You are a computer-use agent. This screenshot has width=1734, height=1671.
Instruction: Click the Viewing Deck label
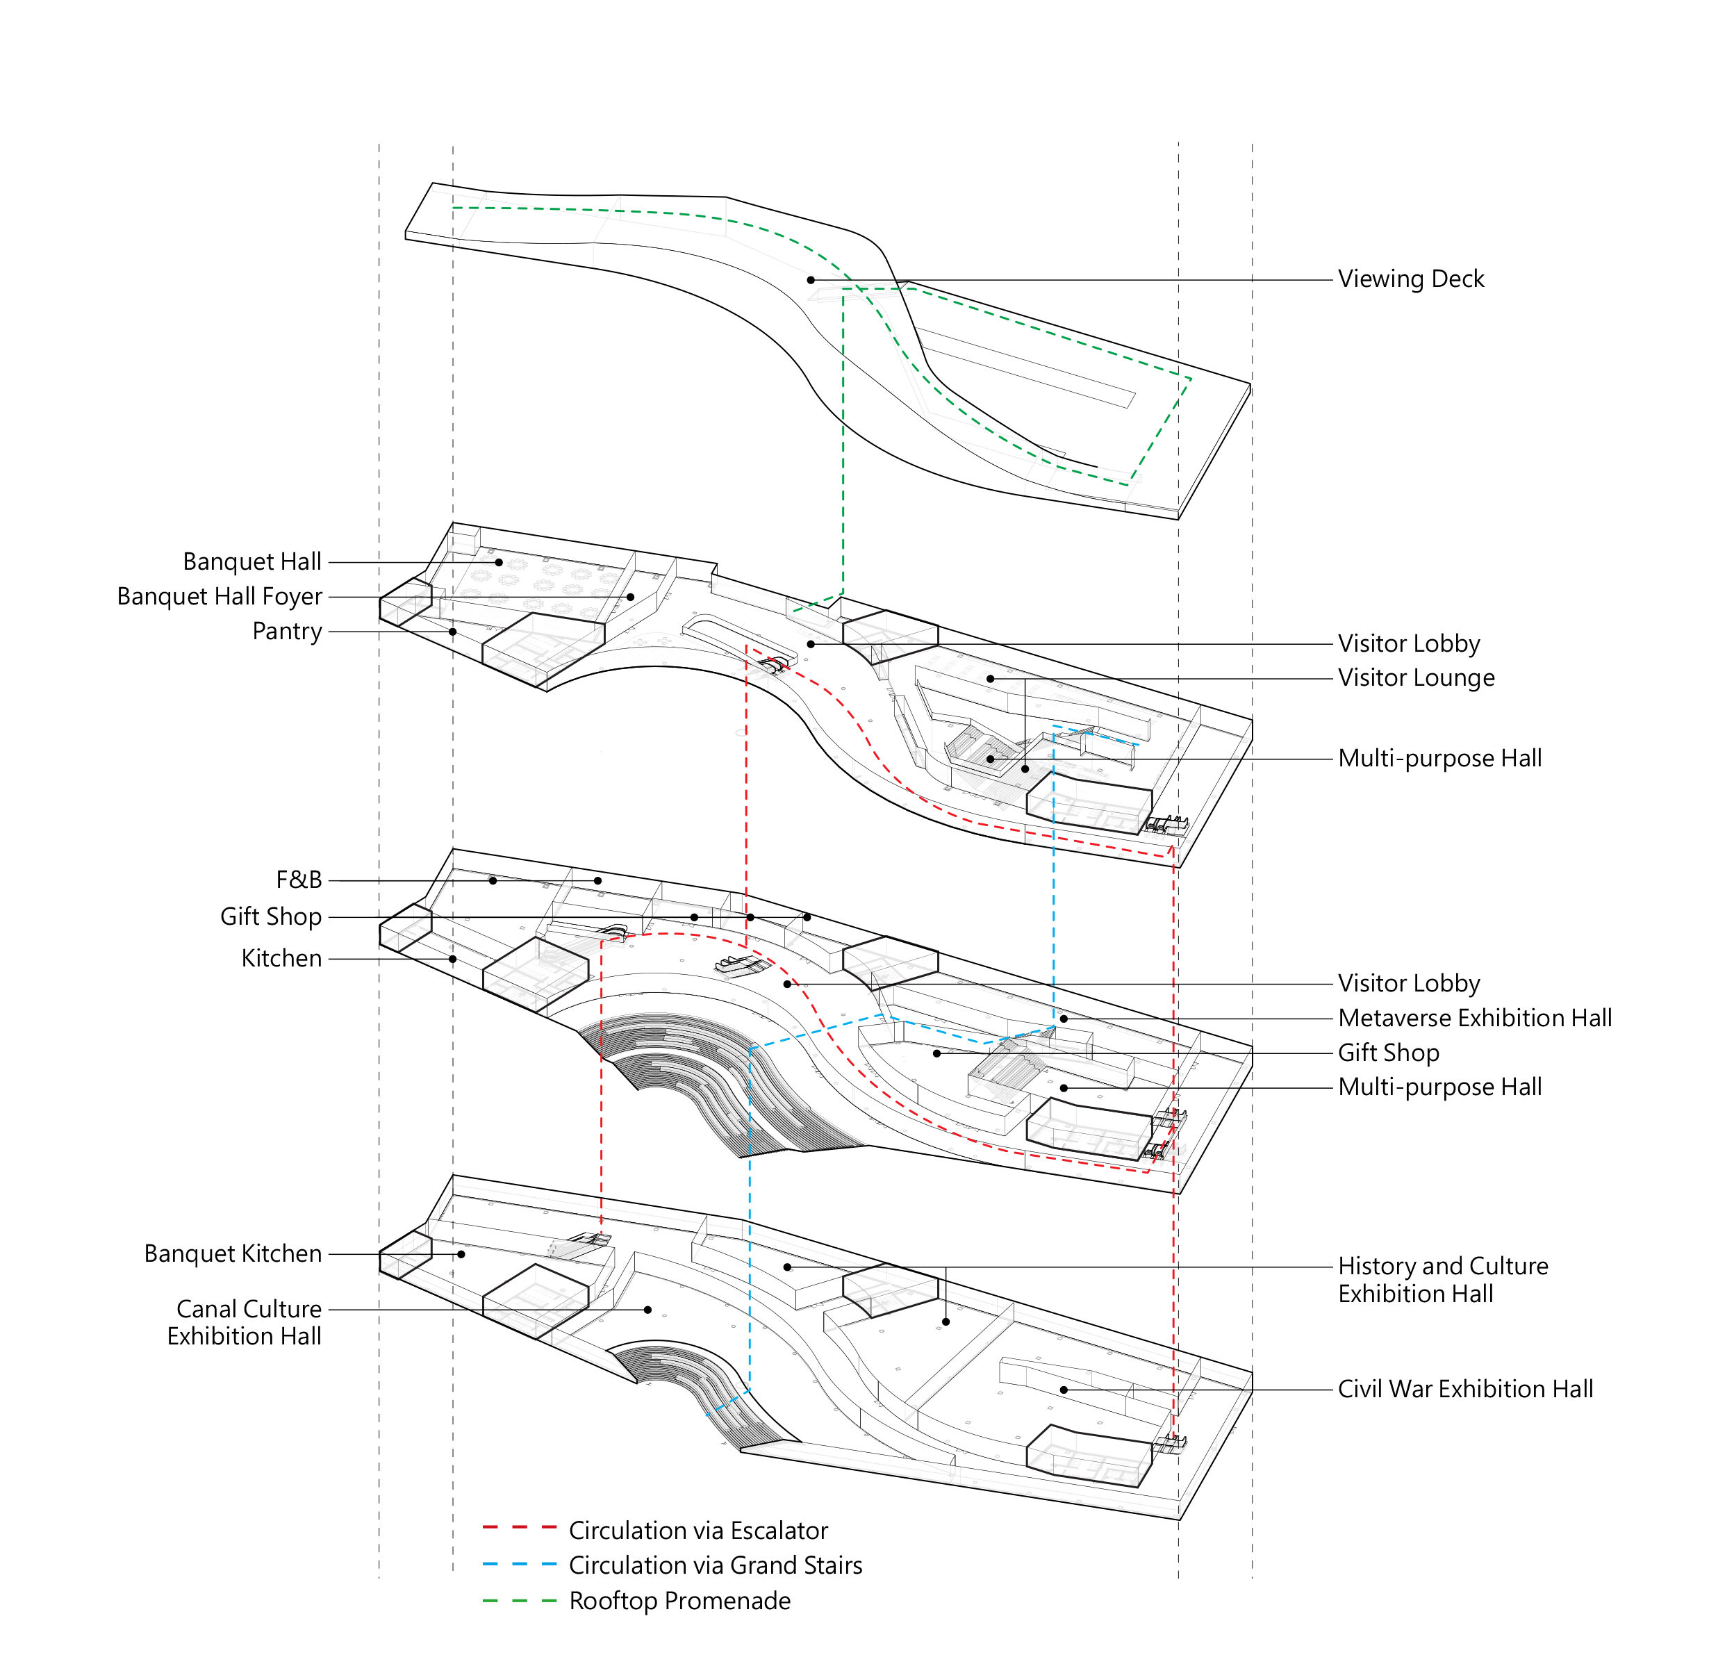click(1410, 279)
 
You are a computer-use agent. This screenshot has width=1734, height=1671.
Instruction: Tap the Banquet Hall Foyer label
click(220, 597)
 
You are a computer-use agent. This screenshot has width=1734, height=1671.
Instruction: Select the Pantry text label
click(287, 632)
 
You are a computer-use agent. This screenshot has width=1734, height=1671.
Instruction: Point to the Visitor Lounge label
click(1416, 679)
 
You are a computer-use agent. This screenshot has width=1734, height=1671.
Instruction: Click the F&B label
click(299, 880)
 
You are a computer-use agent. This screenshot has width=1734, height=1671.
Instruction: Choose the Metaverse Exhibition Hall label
click(1475, 1018)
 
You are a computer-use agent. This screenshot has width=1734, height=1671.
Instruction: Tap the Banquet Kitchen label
click(233, 1254)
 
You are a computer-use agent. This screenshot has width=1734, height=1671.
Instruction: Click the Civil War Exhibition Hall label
click(1465, 1390)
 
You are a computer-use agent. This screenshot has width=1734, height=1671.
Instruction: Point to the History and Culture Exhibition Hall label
click(1442, 1280)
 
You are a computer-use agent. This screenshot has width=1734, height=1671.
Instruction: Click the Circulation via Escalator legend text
click(698, 1531)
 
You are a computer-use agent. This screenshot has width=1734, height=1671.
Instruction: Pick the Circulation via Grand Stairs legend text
click(715, 1565)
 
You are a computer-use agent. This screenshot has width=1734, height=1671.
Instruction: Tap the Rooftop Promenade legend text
click(679, 1601)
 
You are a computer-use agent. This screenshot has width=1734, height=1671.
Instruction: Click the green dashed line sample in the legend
click(520, 1600)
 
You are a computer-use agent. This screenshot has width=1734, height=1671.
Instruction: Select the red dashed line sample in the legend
click(520, 1528)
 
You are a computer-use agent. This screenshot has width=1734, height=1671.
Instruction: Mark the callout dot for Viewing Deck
click(810, 281)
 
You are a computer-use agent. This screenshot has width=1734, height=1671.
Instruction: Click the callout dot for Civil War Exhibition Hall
click(1064, 1390)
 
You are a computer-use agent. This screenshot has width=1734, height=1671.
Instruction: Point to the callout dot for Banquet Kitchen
click(461, 1254)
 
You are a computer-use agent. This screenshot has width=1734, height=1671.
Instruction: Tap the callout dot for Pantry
click(452, 632)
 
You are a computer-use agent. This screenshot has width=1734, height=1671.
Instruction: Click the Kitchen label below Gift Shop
click(281, 959)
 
